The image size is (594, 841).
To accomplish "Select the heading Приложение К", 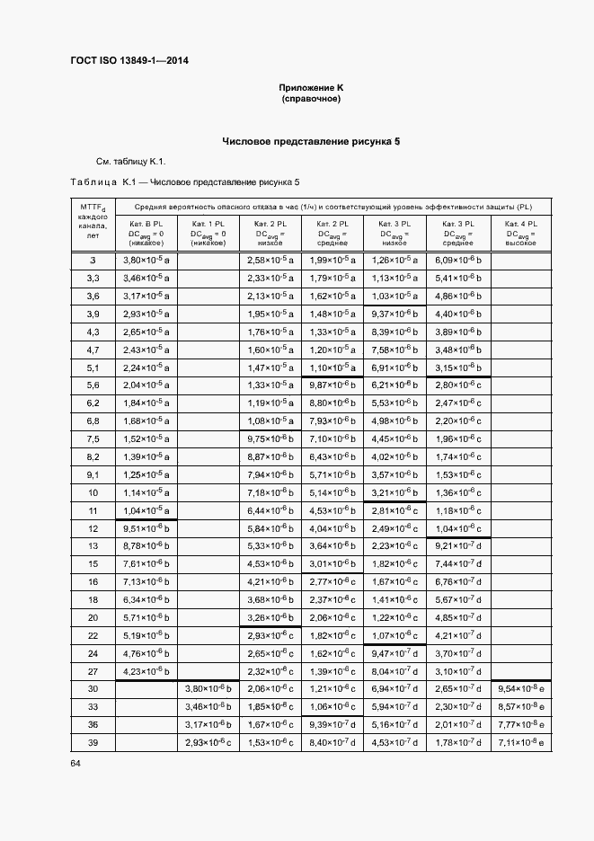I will click(311, 87).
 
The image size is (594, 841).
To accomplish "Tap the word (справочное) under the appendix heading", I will click(311, 98).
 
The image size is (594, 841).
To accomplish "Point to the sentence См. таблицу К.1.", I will click(131, 162).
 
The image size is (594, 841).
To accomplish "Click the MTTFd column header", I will click(93, 225).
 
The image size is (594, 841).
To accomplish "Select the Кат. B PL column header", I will click(146, 233).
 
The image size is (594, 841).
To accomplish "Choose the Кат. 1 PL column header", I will click(208, 233).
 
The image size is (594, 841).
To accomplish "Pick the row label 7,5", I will click(93, 438).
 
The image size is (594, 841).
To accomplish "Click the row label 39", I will click(93, 741).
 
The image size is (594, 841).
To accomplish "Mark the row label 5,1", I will click(93, 367).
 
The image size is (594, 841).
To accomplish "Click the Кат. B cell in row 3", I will click(146, 261).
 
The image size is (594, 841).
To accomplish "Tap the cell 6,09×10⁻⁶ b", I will click(459, 261).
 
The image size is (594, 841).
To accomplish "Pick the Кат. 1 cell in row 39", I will click(208, 741).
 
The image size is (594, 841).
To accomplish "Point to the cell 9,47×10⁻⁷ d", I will click(395, 653).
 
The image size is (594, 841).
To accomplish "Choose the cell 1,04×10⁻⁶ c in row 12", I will click(459, 528).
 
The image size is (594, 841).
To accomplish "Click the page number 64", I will click(75, 764).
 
